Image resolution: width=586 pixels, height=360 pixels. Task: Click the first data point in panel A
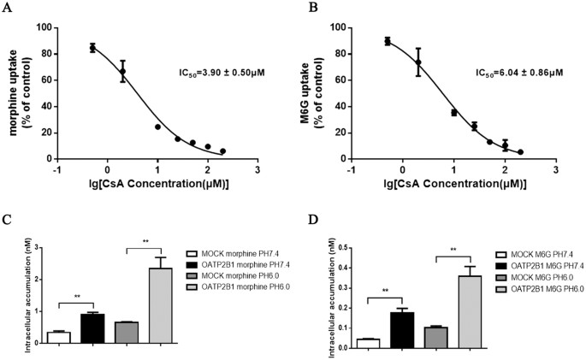(92, 48)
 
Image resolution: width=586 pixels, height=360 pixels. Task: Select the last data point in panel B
(520, 152)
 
